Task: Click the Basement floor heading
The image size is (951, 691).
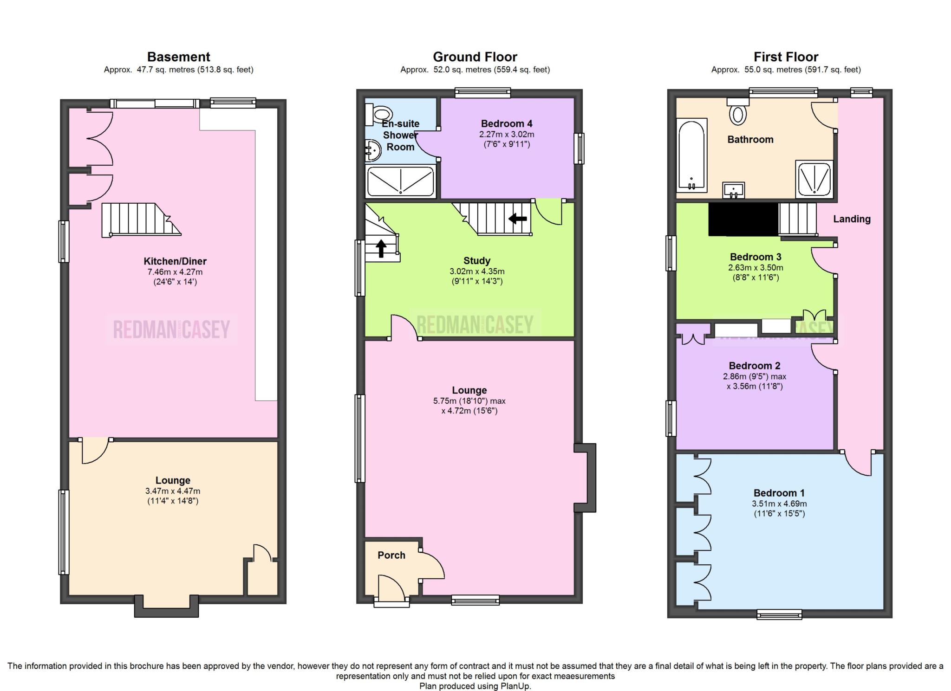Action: tap(179, 57)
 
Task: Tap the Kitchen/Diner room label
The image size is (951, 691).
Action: tap(175, 261)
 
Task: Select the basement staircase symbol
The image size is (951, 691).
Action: tap(141, 220)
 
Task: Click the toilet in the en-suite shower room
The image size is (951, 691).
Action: tap(378, 114)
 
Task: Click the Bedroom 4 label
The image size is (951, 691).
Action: tap(507, 123)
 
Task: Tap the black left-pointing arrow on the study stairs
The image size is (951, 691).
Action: tap(518, 218)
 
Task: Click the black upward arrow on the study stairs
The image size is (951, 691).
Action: tap(381, 248)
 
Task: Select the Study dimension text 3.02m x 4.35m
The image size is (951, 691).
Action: tap(477, 271)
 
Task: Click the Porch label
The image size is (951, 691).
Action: tap(391, 555)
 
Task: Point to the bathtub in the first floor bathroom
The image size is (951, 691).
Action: tap(692, 155)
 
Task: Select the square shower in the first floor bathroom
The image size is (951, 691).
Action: tap(814, 178)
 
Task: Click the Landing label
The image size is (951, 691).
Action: tap(852, 219)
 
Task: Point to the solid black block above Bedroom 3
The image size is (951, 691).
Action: tap(743, 219)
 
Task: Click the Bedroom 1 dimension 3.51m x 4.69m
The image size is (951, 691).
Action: tap(779, 504)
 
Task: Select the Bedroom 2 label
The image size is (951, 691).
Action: tap(755, 366)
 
